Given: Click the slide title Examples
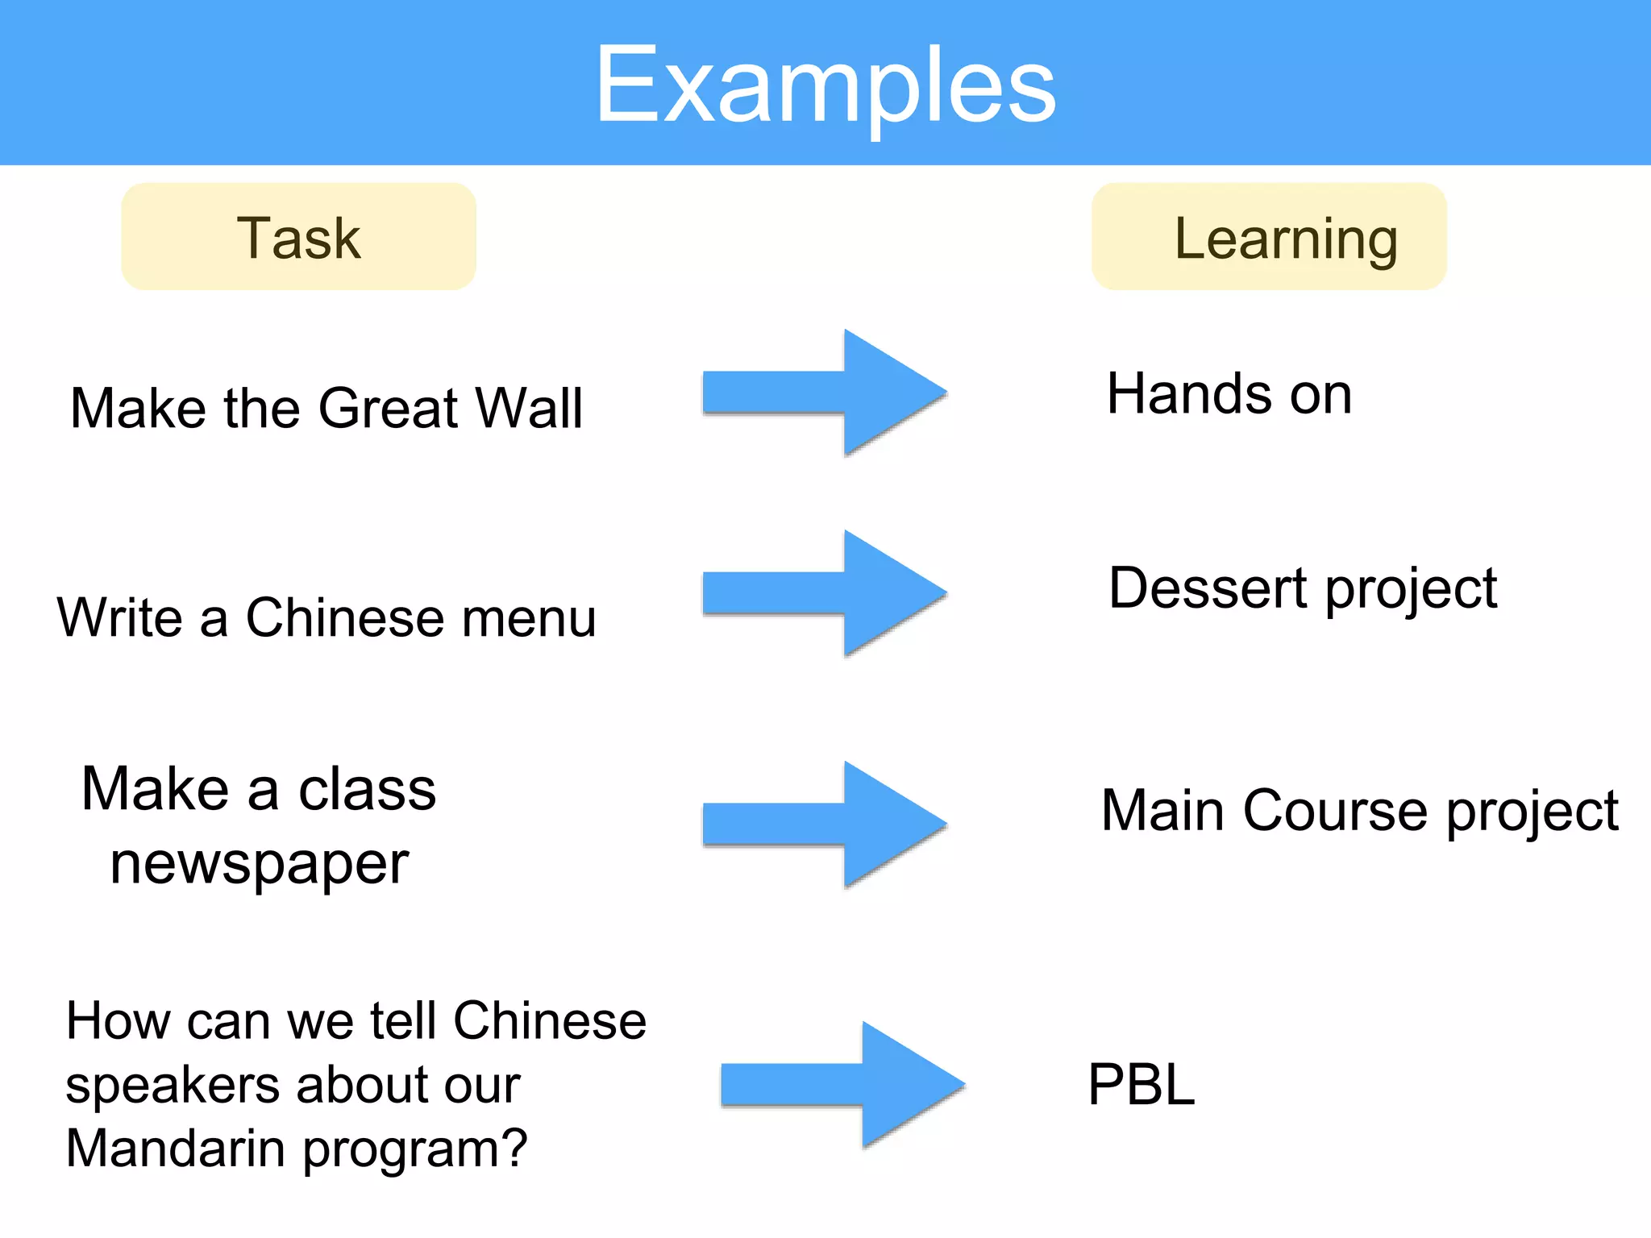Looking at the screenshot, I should pos(825,85).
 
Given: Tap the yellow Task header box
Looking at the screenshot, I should pos(298,237).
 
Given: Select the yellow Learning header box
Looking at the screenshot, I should pos(1269,237).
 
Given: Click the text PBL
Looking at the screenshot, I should pos(1141,1085).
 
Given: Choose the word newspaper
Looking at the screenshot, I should pos(260,864).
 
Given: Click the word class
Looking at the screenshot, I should pos(367,790).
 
